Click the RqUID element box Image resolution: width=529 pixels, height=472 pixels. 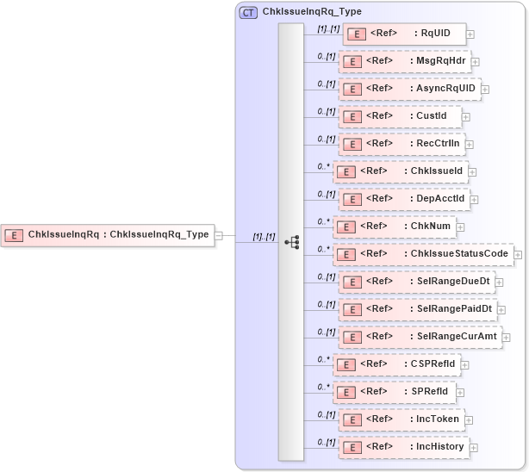pos(404,34)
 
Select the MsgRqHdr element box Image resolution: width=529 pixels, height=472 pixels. pos(404,62)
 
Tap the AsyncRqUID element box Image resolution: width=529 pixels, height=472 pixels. pos(409,89)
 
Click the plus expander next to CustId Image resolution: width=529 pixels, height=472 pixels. pos(466,116)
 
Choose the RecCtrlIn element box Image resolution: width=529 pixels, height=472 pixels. pos(401,144)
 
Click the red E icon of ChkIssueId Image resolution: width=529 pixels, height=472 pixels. pos(345,171)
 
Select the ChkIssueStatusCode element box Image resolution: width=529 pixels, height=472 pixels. pos(423,254)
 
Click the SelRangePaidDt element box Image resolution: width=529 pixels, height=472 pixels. pos(417,309)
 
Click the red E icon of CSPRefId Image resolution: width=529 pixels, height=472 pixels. pos(345,364)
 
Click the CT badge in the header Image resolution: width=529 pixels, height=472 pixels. pos(248,13)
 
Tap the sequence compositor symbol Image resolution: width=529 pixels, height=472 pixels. pos(291,242)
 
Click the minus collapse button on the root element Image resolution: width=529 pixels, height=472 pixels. pos(218,234)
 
